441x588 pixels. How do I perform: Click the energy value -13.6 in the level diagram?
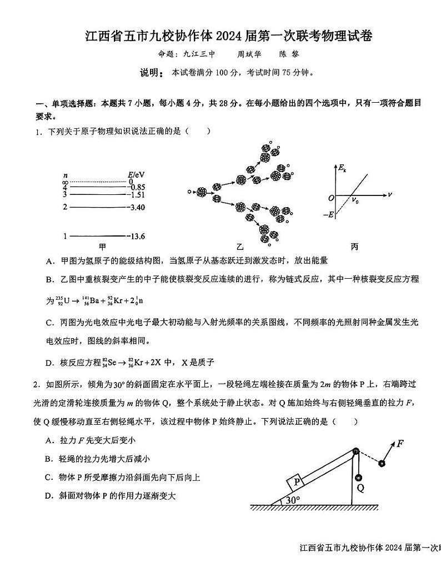tap(136, 237)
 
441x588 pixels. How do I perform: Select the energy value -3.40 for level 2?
tap(136, 208)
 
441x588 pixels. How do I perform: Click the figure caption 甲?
tap(102, 247)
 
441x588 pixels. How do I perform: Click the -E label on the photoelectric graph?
tap(329, 215)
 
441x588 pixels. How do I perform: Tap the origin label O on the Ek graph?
tap(331, 198)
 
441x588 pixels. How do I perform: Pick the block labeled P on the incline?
tap(297, 481)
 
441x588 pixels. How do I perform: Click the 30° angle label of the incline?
tap(292, 500)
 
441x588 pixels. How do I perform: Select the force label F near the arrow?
tap(399, 444)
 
